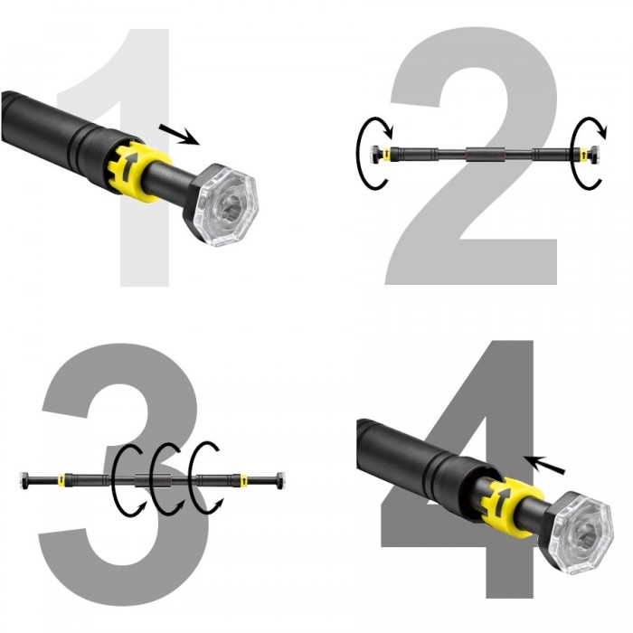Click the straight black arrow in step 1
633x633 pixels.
pyautogui.click(x=179, y=133)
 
